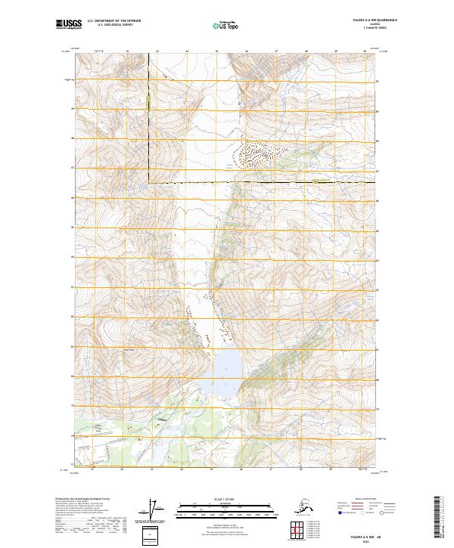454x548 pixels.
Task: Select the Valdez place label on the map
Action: click(160, 419)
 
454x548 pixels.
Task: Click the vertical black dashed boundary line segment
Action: click(149, 121)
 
